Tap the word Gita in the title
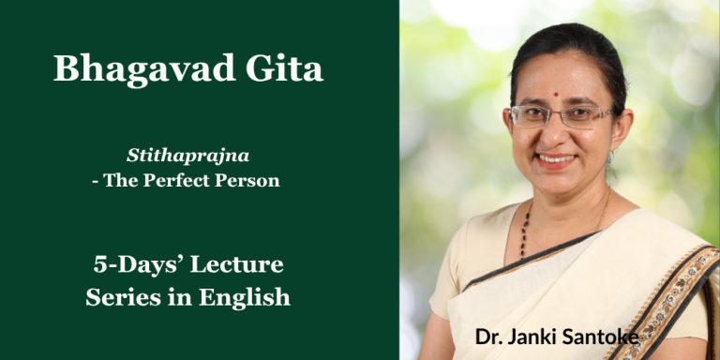(x=285, y=67)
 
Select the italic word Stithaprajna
(x=188, y=157)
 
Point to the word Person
(x=248, y=180)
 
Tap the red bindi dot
(x=556, y=95)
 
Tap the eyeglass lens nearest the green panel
(x=530, y=115)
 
